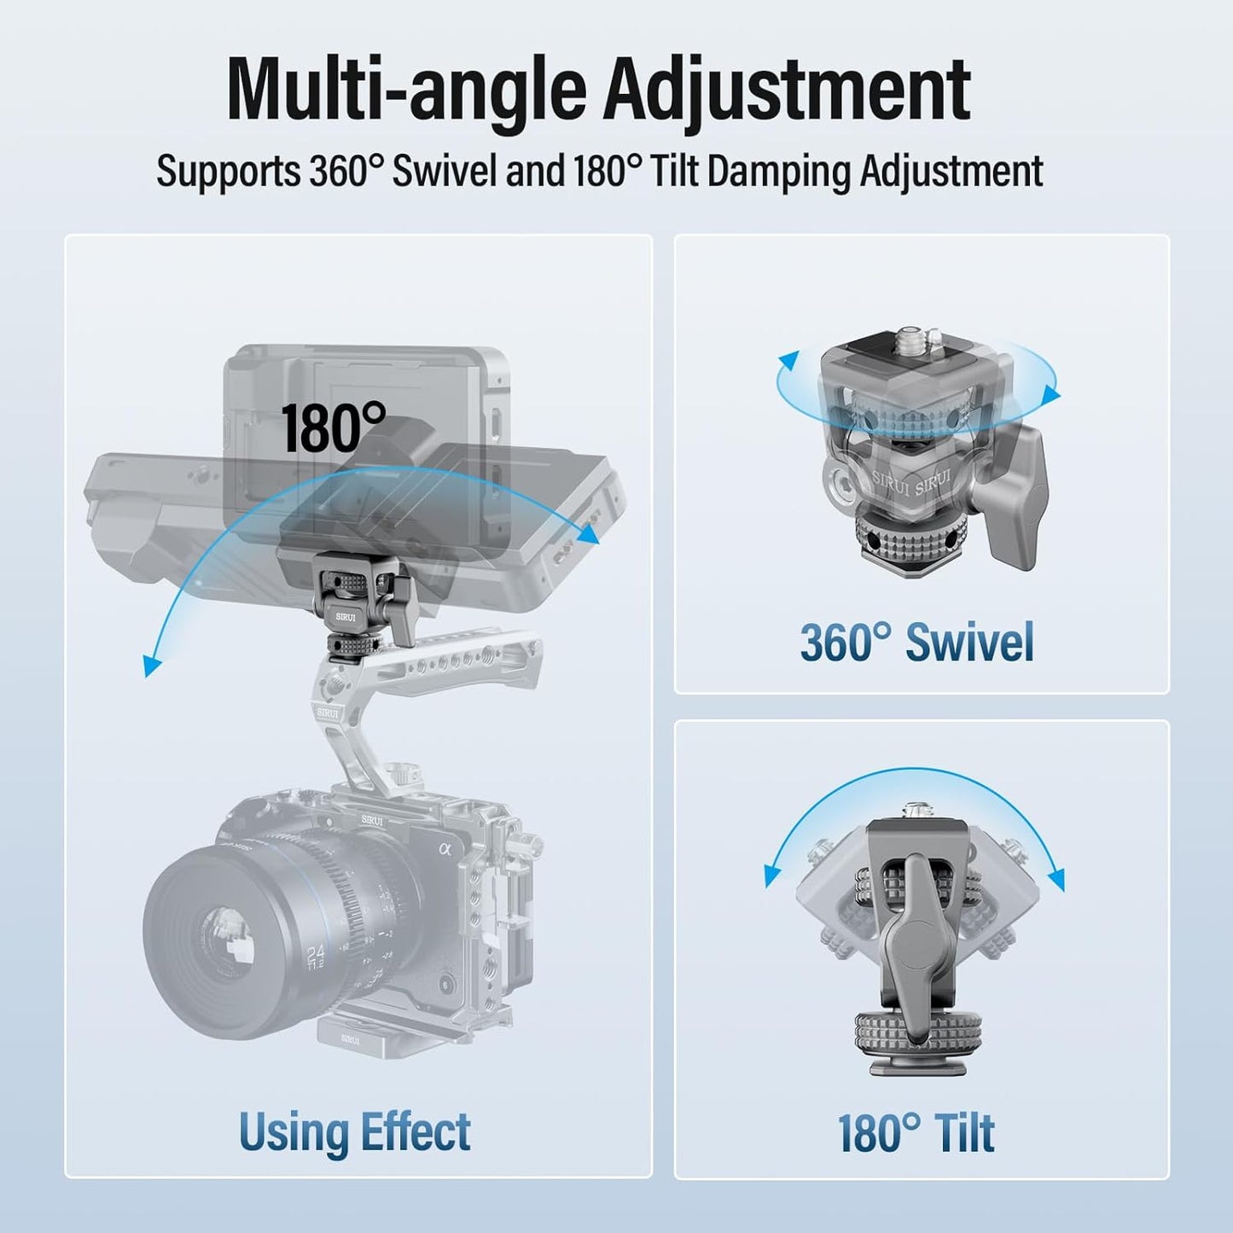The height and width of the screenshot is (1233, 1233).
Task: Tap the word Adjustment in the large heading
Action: (788, 96)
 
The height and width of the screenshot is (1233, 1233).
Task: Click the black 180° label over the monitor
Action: (334, 427)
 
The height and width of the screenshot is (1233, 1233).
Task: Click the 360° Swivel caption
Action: (916, 643)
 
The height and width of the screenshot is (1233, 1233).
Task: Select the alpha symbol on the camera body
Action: (446, 850)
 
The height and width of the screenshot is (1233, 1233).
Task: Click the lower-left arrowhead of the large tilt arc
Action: (152, 666)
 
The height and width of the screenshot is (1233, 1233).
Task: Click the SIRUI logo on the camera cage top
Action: (372, 820)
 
